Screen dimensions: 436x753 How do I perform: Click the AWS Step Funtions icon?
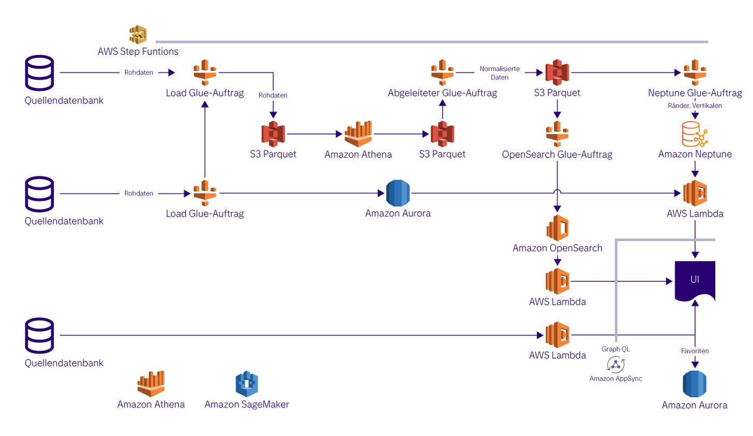pos(138,35)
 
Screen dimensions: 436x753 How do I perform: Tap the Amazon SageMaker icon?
pos(247,384)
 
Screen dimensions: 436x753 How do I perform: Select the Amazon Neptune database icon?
pos(695,134)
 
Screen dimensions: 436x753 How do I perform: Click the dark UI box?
pos(695,280)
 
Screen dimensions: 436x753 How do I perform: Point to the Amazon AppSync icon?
pos(615,365)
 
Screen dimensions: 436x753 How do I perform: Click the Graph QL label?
pos(615,349)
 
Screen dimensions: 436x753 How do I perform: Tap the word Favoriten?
pos(695,351)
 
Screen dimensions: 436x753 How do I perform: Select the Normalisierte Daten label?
pos(500,73)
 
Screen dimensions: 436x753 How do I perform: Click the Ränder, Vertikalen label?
pos(695,106)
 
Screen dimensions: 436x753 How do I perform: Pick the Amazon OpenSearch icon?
pos(558,228)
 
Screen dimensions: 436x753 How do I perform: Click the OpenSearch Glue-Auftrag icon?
pos(557,134)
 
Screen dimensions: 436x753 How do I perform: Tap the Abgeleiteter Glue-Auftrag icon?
pos(442,72)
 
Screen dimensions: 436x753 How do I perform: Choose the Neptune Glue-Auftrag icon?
pos(695,72)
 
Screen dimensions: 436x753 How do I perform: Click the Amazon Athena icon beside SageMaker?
pos(151,384)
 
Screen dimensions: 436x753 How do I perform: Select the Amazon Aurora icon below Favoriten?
pos(695,384)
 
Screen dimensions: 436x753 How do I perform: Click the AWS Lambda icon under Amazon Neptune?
pos(695,193)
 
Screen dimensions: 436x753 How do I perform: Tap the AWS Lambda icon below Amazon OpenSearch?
pos(558,281)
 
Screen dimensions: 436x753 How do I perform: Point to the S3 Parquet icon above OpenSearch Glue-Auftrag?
pos(557,72)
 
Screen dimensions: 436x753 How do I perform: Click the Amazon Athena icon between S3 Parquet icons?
pos(358,134)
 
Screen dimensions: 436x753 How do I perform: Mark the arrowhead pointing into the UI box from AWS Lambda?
pos(669,281)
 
